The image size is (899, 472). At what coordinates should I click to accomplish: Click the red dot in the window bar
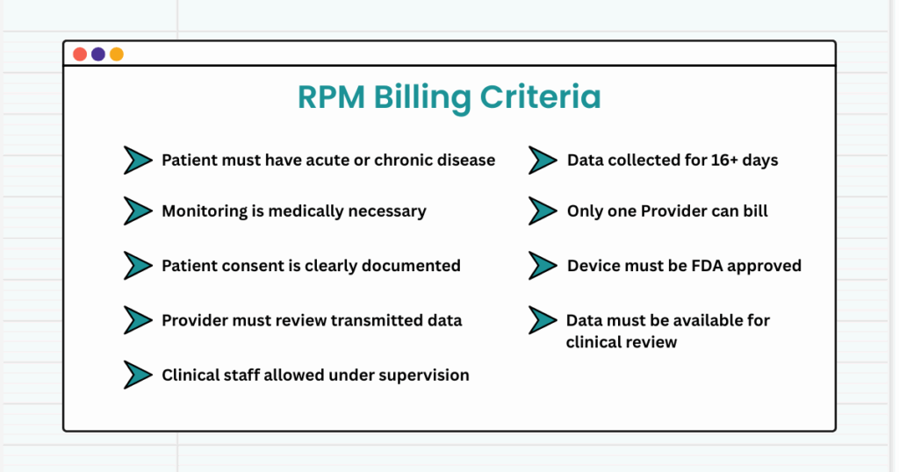click(80, 54)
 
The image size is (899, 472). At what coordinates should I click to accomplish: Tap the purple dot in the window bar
click(98, 54)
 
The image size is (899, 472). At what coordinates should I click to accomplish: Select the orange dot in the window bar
click(117, 54)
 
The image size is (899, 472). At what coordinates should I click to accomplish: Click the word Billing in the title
click(422, 97)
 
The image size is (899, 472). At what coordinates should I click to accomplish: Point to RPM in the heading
click(331, 97)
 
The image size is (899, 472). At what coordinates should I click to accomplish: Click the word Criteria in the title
click(540, 97)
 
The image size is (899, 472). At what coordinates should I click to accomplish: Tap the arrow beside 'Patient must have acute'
click(138, 161)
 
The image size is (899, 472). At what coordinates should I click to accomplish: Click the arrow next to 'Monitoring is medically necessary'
click(138, 211)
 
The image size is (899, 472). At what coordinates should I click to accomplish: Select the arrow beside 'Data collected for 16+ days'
click(543, 161)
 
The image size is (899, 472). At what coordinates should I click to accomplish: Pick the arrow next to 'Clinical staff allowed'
click(138, 375)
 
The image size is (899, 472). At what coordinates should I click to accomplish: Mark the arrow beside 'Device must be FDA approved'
click(543, 266)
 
